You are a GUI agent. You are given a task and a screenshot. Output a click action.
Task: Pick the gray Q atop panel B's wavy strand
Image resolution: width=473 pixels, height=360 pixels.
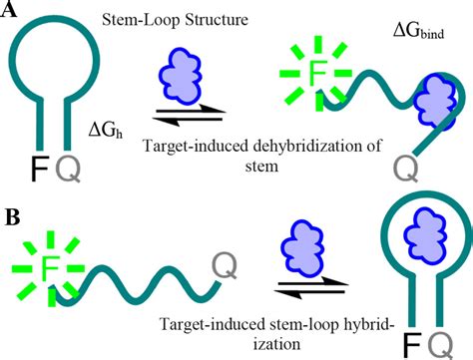(x=226, y=265)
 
